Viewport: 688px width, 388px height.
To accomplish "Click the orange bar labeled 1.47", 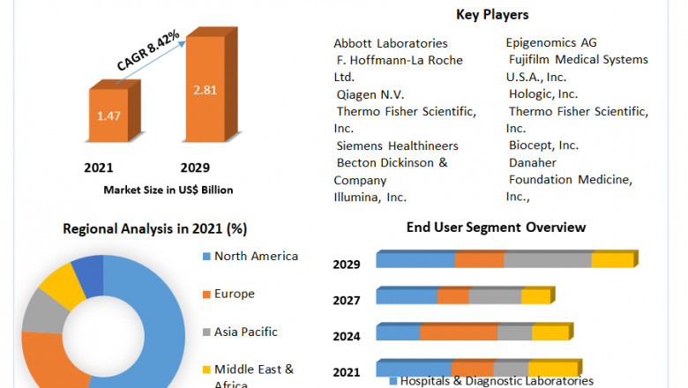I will pyautogui.click(x=108, y=116).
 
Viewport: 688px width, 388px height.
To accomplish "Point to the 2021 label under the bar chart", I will pyautogui.click(x=98, y=168).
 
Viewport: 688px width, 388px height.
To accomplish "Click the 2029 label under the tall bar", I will pyautogui.click(x=196, y=168).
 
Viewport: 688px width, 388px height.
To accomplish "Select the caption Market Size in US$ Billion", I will pyautogui.click(x=168, y=190).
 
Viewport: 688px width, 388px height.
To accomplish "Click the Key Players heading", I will pyautogui.click(x=492, y=14).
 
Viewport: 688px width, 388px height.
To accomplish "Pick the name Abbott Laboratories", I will pyautogui.click(x=390, y=43).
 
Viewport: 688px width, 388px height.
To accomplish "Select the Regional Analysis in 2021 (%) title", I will pyautogui.click(x=154, y=228).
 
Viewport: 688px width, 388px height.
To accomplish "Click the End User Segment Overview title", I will pyautogui.click(x=496, y=228).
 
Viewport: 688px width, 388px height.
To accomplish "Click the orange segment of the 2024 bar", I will pyautogui.click(x=459, y=332).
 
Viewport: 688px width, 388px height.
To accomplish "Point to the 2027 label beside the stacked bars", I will pyautogui.click(x=347, y=301).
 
